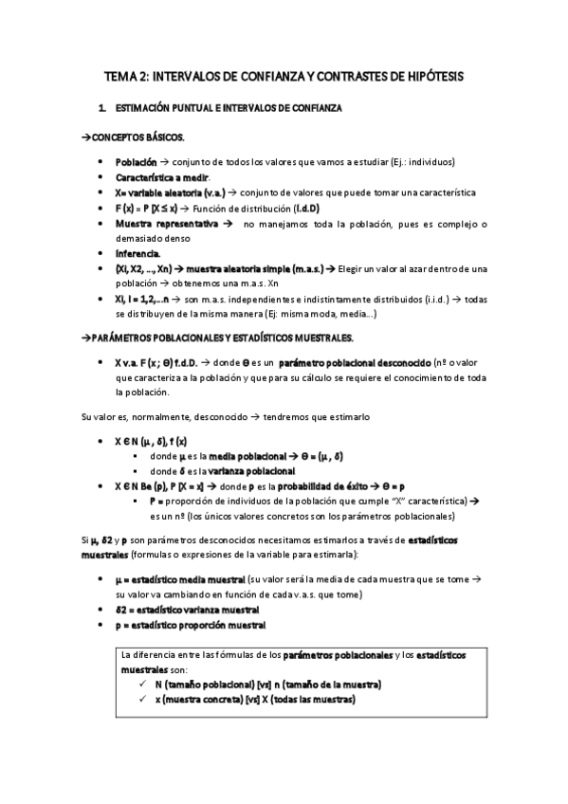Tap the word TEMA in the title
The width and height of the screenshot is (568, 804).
pos(119,75)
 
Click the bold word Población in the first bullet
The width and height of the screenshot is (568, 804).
pos(137,162)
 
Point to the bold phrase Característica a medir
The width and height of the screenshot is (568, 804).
pos(162,177)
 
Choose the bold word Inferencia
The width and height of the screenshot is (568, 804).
pos(138,254)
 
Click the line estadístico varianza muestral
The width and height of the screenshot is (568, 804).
pos(195,610)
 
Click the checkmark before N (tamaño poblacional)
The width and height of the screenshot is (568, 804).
pos(142,685)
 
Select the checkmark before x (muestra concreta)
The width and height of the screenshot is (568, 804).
pos(142,700)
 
